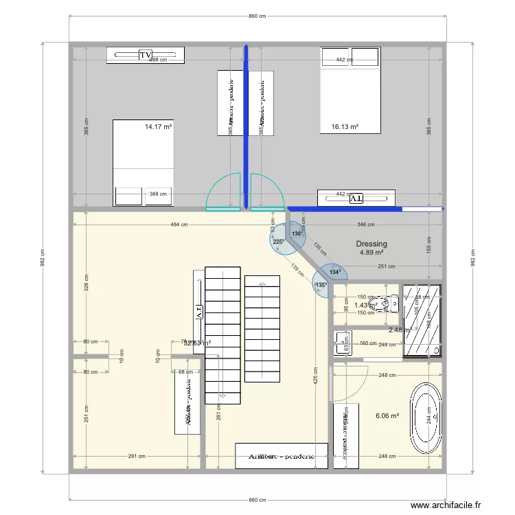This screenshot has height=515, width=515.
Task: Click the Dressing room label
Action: (371, 244)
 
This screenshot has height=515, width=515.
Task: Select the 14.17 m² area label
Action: (158, 126)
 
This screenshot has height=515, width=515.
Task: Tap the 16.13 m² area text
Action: (345, 126)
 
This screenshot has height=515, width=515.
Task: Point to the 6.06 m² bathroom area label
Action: (387, 415)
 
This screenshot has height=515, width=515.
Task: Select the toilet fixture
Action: (385, 302)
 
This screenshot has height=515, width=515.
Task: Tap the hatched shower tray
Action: (422, 321)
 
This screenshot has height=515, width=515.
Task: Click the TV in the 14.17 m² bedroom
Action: (145, 55)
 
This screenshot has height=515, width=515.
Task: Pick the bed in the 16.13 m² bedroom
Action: (350, 89)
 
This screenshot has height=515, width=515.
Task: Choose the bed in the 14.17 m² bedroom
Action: (143, 163)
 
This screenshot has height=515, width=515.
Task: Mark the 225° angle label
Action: (278, 242)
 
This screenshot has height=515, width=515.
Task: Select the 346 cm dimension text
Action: (366, 225)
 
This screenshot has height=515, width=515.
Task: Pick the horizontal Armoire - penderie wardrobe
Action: (282, 456)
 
